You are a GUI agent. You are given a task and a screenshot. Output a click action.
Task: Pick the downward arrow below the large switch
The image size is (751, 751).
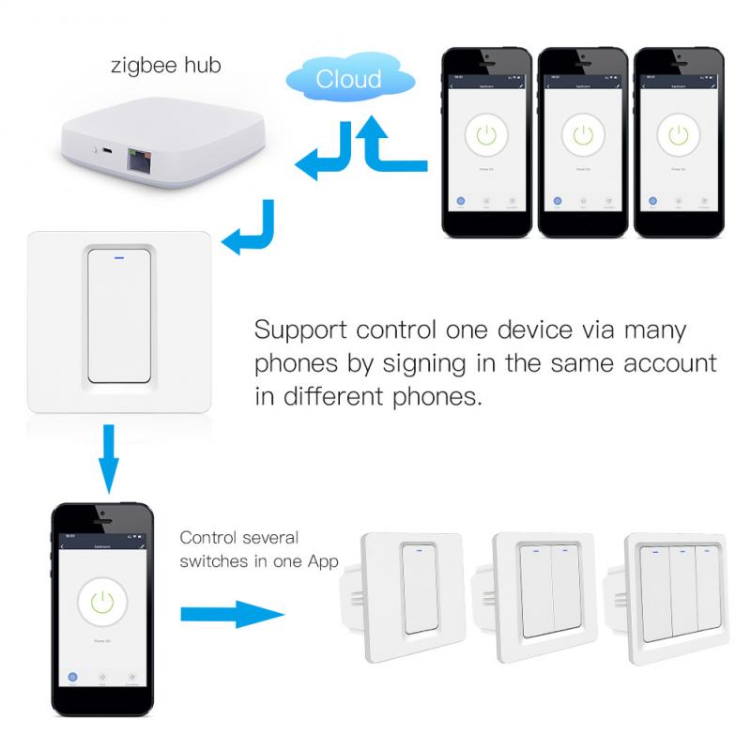tap(110, 460)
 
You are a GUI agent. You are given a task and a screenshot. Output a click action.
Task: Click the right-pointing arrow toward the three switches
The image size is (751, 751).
tap(230, 615)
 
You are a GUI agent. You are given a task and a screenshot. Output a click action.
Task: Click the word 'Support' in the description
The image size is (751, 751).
tap(300, 330)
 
